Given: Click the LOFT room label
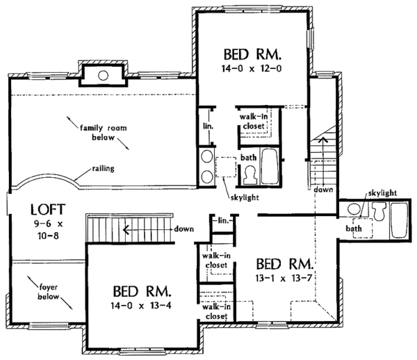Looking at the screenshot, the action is click(x=48, y=209).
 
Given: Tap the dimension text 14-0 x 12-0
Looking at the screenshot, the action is click(x=252, y=69).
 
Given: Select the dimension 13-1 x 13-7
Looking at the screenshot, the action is click(x=284, y=278).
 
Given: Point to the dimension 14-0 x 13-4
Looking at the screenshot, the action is click(x=141, y=306).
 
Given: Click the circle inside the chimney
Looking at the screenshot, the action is click(x=103, y=76).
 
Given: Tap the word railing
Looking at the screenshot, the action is click(x=103, y=169).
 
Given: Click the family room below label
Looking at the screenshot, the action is click(x=104, y=133).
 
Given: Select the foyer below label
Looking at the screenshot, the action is click(x=48, y=292).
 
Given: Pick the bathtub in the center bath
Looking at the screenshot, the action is click(x=270, y=166).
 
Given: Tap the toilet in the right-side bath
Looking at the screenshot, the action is click(x=379, y=211).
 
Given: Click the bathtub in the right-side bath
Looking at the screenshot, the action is click(x=399, y=220).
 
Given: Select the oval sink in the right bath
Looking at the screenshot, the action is click(x=354, y=208).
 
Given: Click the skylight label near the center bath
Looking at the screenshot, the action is click(x=245, y=197).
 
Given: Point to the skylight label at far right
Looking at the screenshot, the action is click(x=382, y=193).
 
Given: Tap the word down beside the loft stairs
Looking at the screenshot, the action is click(x=183, y=229).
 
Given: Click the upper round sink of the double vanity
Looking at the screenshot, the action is click(x=207, y=156).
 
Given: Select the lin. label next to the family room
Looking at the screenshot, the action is click(x=208, y=126).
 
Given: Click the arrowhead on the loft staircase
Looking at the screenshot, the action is click(x=126, y=229).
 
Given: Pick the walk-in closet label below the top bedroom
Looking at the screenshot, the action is click(x=254, y=121).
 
